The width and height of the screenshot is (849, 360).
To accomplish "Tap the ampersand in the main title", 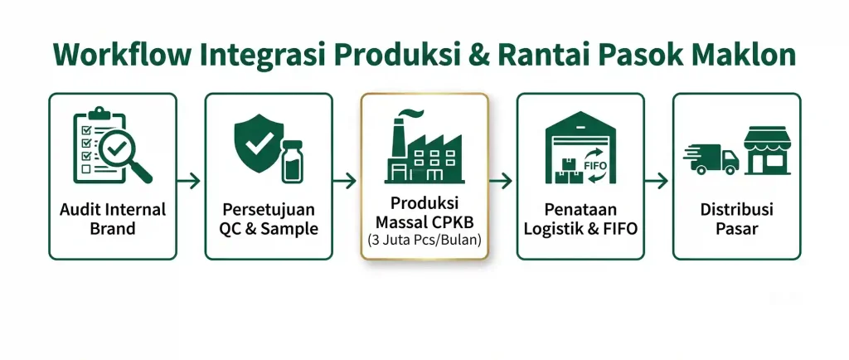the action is pyautogui.click(x=479, y=55).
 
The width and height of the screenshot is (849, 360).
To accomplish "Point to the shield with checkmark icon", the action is pyautogui.click(x=259, y=144).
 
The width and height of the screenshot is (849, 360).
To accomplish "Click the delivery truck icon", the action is pyautogui.click(x=711, y=158).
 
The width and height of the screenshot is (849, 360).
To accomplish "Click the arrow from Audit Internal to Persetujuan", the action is pyautogui.click(x=188, y=181).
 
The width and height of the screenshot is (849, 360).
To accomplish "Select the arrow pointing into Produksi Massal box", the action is pyautogui.click(x=344, y=181).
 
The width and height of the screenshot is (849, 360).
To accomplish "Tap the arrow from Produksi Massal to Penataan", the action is pyautogui.click(x=500, y=181).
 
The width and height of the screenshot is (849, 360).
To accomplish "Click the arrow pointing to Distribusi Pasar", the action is pyautogui.click(x=657, y=181).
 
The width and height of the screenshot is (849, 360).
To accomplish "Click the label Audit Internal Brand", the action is pyautogui.click(x=113, y=219).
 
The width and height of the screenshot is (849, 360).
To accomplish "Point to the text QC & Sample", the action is pyautogui.click(x=269, y=228).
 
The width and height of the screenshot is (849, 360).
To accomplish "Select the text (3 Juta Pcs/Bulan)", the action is pyautogui.click(x=424, y=240).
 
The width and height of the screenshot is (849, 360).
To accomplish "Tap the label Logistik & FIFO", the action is pyautogui.click(x=580, y=228).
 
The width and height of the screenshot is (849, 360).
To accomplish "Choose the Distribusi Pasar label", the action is pyautogui.click(x=736, y=219).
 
